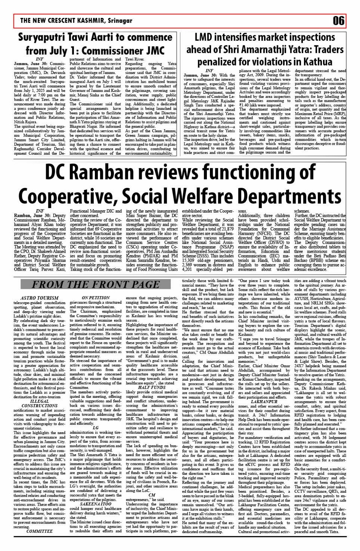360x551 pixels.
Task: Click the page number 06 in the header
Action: point(338,21)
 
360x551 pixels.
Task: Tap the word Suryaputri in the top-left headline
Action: point(45,38)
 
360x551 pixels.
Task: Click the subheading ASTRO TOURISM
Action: point(40,298)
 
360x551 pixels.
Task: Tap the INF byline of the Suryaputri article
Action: point(40,59)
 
